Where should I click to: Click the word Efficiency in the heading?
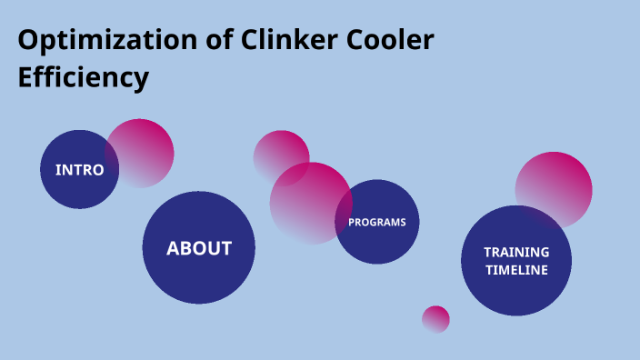(x=83, y=78)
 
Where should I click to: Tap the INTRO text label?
(x=80, y=170)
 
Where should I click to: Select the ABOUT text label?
(x=199, y=248)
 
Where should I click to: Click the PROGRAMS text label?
(x=377, y=222)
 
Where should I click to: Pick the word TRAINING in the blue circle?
(x=516, y=252)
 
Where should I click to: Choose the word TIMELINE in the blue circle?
(x=516, y=270)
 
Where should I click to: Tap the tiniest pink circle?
(x=435, y=319)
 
